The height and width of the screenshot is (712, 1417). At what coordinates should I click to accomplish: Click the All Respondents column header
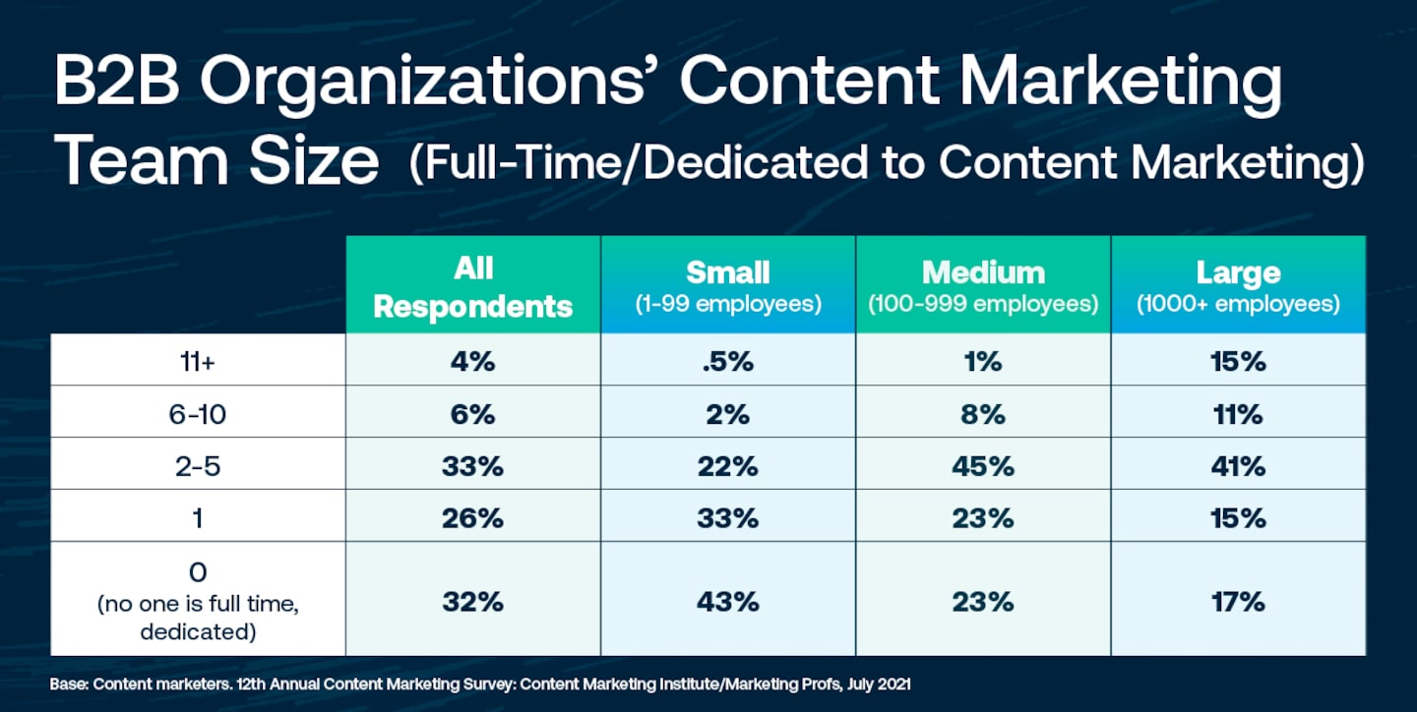(x=472, y=286)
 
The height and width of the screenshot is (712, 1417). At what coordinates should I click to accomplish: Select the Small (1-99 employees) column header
(x=727, y=286)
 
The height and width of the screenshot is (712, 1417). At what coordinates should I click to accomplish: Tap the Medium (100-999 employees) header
(x=982, y=286)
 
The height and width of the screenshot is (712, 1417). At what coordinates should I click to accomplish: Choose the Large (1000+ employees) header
(x=1238, y=286)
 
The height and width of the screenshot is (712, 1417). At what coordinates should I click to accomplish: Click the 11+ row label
(x=198, y=362)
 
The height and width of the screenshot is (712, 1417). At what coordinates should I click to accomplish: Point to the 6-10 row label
(x=198, y=414)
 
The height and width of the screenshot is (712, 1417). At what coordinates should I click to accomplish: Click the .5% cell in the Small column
(x=728, y=362)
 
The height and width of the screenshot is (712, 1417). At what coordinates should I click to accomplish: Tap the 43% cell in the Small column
(x=728, y=600)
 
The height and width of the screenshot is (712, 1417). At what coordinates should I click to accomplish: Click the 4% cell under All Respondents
(x=472, y=362)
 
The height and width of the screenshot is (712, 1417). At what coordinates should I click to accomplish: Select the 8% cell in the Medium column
(x=982, y=414)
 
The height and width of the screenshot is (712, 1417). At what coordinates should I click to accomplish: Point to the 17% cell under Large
(x=1238, y=600)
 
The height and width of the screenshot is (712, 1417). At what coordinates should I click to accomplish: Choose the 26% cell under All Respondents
(x=472, y=517)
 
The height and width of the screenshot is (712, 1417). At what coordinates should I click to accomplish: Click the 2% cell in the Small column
(x=728, y=414)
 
